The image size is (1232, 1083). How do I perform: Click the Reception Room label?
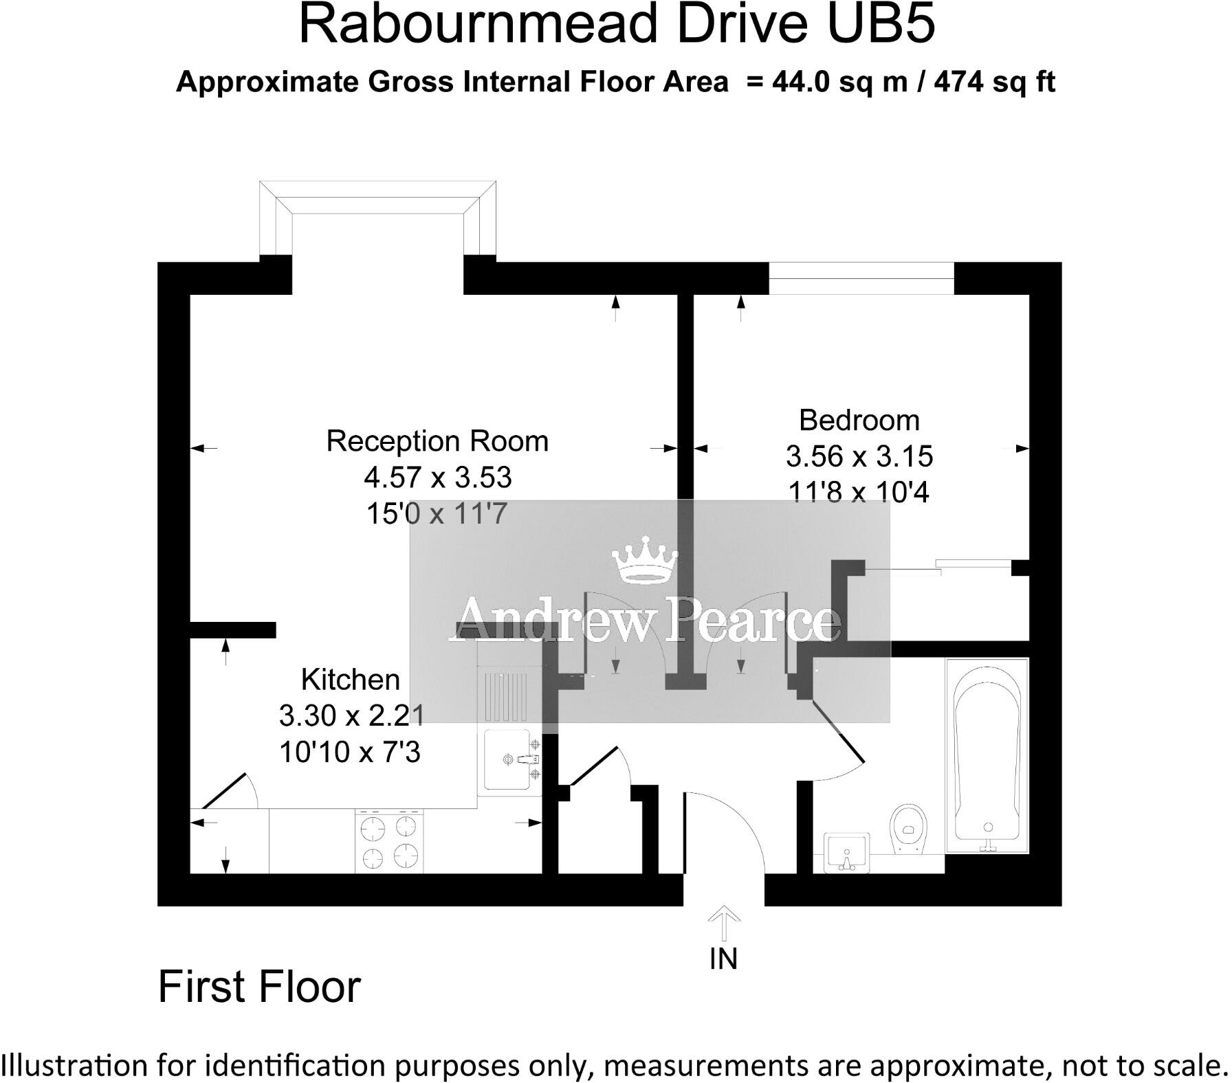pos(437,441)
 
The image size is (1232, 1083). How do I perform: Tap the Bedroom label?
pos(859,420)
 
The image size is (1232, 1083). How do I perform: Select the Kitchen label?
pos(351,680)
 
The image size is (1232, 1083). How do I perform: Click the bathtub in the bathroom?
pos(987,755)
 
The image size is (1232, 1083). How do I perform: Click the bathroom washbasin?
pos(846,853)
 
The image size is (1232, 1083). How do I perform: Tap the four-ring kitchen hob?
pos(389,840)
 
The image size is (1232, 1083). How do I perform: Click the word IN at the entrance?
pos(723,959)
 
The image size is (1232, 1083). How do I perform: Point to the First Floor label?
pos(259,988)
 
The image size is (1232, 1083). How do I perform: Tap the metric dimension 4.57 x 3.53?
pos(438,477)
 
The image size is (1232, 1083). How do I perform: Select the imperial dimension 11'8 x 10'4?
pos(859,493)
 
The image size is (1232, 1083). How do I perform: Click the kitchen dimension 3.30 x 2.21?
pos(351,716)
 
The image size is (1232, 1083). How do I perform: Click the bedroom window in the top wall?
pos(861,278)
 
